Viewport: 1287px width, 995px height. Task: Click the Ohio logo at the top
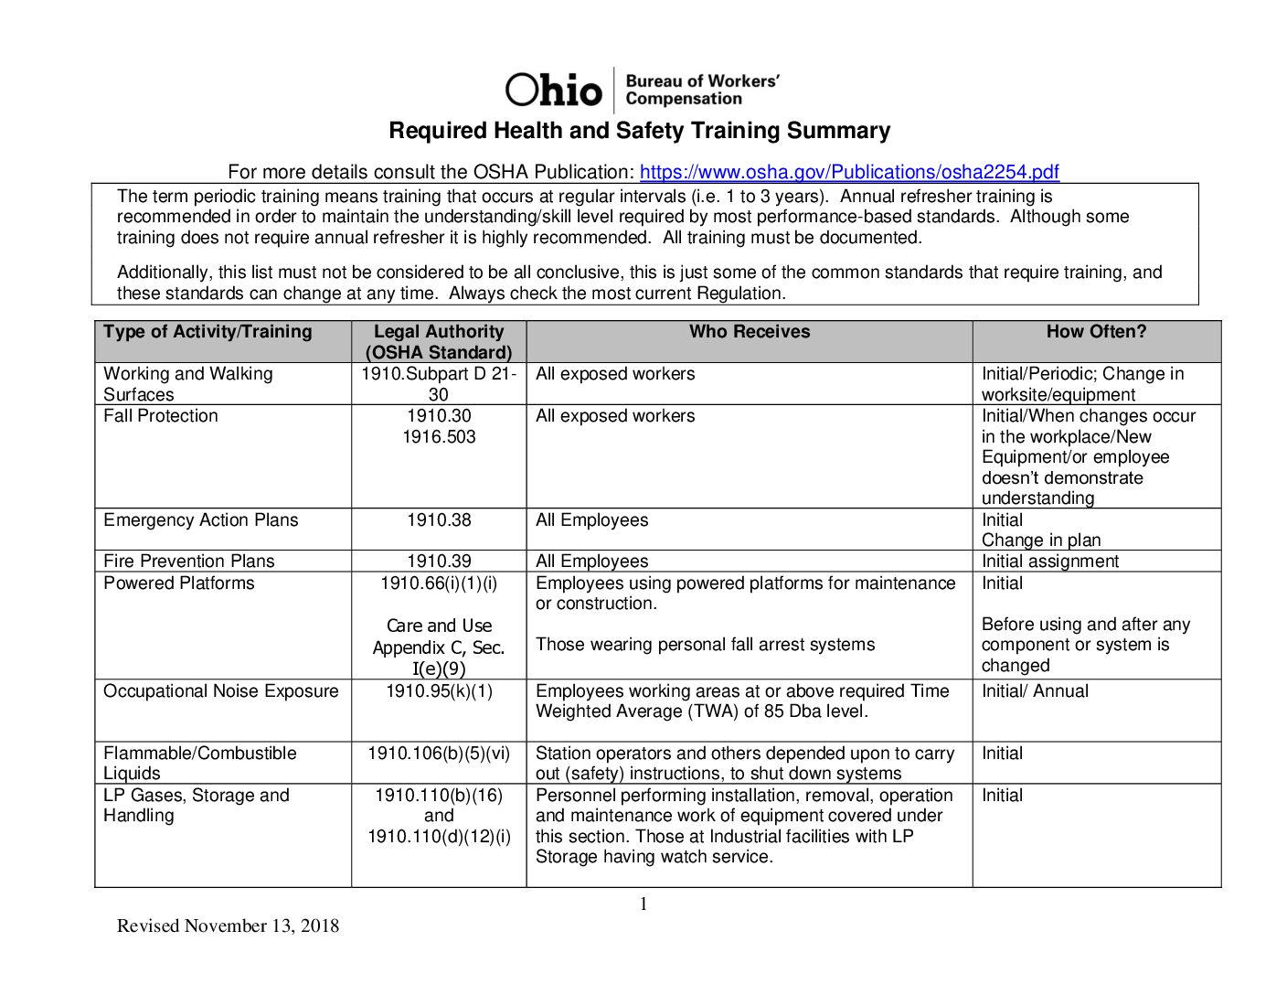[553, 90]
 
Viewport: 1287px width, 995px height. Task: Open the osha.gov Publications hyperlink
[848, 172]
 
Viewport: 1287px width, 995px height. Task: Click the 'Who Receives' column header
[749, 332]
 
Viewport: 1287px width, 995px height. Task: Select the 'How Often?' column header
[1095, 332]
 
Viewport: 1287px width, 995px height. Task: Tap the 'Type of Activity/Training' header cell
[207, 332]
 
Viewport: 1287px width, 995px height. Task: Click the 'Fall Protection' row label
[161, 416]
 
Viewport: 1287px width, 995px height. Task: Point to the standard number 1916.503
[439, 437]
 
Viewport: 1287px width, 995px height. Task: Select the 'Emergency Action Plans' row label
[200, 520]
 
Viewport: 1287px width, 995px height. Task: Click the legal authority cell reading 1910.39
[439, 562]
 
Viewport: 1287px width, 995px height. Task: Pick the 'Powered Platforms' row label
[179, 583]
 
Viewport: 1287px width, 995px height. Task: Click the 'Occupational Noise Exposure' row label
[220, 691]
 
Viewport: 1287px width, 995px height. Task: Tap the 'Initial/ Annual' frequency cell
[1035, 691]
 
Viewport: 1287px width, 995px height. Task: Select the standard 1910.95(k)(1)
[439, 691]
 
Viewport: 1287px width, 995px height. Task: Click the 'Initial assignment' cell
[1049, 562]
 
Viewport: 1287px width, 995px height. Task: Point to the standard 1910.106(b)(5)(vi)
[439, 754]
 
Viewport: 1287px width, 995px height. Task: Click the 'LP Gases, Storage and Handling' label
[196, 806]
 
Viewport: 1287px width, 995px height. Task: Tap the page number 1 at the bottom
[643, 904]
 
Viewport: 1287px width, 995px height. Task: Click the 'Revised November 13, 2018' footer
[228, 926]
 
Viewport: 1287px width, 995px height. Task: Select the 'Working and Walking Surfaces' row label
[187, 384]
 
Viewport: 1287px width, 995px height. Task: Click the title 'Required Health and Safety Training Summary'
[639, 131]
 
